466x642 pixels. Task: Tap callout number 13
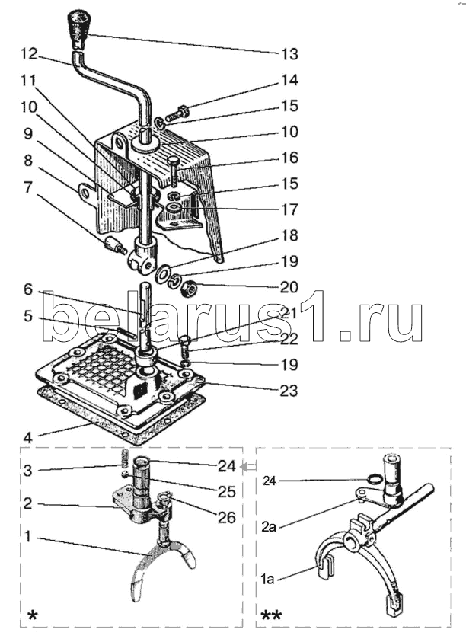pyautogui.click(x=289, y=54)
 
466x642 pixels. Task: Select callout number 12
pyautogui.click(x=30, y=53)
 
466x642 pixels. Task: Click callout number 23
pyautogui.click(x=289, y=390)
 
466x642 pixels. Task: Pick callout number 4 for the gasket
pyautogui.click(x=27, y=438)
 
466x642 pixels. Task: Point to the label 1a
pyautogui.click(x=267, y=580)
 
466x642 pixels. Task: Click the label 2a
pyautogui.click(x=268, y=526)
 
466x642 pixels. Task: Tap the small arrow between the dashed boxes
pyautogui.click(x=249, y=466)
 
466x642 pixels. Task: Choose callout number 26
pyautogui.click(x=227, y=518)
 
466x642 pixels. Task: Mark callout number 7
pyautogui.click(x=27, y=187)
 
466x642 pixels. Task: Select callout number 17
pyautogui.click(x=289, y=209)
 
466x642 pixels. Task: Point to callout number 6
pyautogui.click(x=27, y=289)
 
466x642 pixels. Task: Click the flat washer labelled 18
pyautogui.click(x=164, y=273)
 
